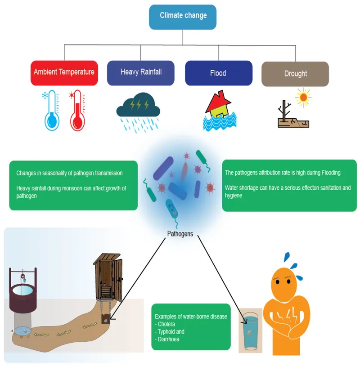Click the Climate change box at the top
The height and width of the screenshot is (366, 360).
(183, 16)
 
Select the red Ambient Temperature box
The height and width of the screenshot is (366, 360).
(64, 72)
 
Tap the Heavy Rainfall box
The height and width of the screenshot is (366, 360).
(140, 72)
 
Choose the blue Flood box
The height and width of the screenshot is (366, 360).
(218, 73)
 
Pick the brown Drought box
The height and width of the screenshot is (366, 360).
(295, 74)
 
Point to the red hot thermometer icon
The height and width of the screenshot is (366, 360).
(77, 111)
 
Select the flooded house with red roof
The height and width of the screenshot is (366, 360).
(219, 110)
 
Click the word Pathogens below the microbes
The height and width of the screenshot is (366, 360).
(180, 234)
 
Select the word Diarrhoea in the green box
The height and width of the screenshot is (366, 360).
(169, 339)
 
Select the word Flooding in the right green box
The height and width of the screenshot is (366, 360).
(328, 173)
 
